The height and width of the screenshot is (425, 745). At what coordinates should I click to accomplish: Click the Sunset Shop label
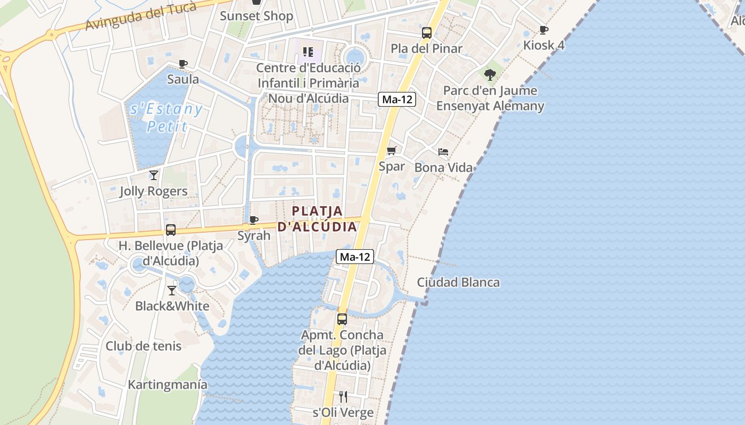point(256,16)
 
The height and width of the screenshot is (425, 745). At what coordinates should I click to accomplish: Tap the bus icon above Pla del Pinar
point(427,33)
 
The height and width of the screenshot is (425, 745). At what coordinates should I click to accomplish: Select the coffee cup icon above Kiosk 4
point(543,30)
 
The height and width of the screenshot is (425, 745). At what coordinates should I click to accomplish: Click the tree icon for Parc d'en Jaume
point(490,75)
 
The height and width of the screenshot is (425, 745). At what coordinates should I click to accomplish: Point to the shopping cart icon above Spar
point(392,151)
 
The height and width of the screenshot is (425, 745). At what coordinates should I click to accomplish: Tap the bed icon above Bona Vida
point(443,152)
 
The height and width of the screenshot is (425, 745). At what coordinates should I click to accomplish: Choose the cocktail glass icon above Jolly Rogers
point(154,175)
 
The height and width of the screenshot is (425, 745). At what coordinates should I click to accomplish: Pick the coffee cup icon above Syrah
point(254,220)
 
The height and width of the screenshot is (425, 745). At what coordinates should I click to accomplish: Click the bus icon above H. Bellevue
point(171,230)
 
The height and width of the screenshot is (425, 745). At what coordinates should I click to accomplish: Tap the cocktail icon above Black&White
point(172,291)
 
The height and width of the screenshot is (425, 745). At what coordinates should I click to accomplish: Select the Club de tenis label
point(143,346)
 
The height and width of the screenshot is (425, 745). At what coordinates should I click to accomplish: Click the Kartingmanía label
point(167,385)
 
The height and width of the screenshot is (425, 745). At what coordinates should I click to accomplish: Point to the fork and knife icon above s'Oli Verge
point(343,397)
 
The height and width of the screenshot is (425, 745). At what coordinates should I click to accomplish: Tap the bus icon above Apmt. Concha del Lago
point(342,319)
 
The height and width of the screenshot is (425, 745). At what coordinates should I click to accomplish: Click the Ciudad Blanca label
point(458,282)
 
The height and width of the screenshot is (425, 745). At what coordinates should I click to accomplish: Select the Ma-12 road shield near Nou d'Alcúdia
point(397,99)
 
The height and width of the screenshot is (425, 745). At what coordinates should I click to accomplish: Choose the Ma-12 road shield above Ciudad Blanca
point(355,257)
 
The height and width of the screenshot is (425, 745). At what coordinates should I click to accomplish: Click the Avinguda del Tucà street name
point(141,16)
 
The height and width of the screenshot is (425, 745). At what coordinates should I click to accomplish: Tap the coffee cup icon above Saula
point(183,64)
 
